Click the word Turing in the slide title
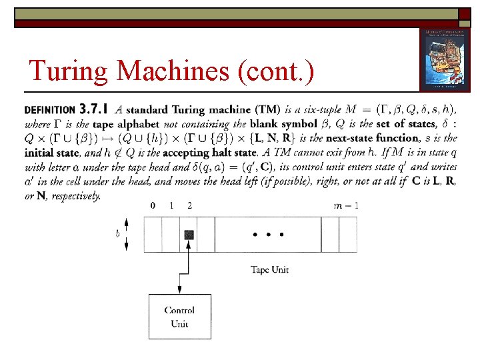61,70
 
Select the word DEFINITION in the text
49,110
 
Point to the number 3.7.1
94,109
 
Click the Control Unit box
179,316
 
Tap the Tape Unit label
271,270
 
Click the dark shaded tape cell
189,235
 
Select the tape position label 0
153,205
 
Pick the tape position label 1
171,205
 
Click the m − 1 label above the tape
346,205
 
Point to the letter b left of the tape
117,234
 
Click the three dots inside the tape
267,235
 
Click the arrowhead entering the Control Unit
179,290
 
